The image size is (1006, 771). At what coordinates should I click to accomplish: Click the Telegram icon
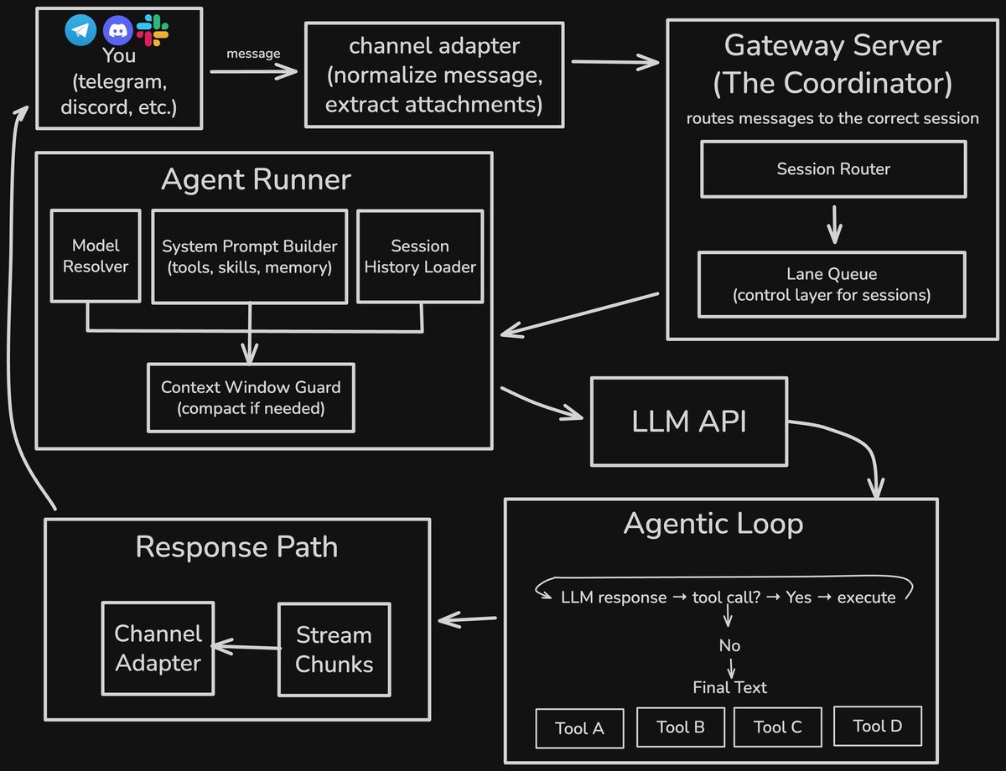81,31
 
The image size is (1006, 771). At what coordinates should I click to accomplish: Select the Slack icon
153,30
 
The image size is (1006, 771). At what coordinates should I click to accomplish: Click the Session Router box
833,169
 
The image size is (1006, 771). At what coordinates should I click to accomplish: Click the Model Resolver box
96,256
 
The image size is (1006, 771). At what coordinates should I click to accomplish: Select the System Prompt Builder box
250,256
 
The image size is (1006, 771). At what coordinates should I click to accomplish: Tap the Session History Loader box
420,256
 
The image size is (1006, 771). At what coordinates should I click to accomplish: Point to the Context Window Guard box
251,398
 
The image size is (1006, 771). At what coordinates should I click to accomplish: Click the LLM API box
689,422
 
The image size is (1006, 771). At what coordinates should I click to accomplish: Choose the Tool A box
579,728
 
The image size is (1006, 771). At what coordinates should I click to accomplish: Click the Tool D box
877,726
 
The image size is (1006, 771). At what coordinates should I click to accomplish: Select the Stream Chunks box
334,649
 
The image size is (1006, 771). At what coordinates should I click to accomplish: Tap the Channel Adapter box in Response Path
158,648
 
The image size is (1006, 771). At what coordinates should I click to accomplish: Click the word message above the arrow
253,54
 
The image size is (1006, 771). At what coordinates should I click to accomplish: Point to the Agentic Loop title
713,524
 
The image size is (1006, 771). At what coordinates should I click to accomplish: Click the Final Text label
729,687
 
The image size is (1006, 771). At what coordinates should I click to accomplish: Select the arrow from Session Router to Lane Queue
833,224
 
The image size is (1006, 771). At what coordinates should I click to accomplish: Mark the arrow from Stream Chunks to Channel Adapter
245,646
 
